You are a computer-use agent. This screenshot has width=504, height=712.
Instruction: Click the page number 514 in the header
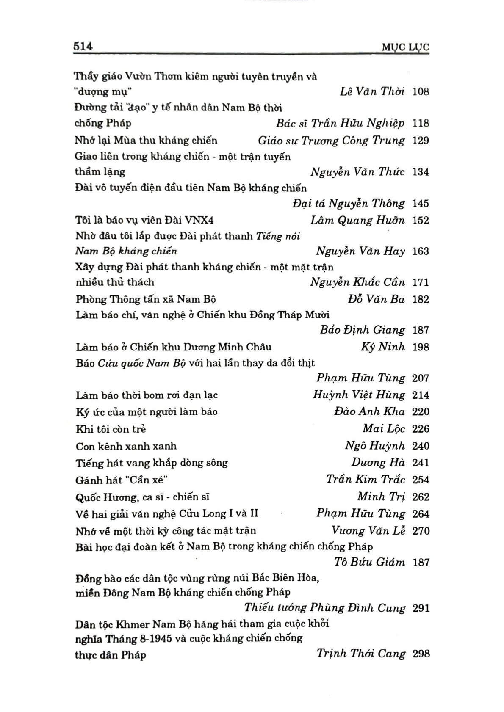[x=83, y=46]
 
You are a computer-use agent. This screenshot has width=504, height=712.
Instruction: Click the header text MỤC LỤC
[x=405, y=47]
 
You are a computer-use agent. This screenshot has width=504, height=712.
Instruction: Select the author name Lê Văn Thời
[x=372, y=91]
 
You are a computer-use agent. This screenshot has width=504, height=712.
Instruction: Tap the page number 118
[x=420, y=123]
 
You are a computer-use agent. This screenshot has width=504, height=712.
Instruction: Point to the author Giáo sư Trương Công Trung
[x=331, y=140]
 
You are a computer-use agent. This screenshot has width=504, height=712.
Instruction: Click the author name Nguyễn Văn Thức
[x=357, y=172]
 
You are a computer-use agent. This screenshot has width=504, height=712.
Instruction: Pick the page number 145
[x=420, y=204]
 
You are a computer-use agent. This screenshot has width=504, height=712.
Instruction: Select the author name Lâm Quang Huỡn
[x=357, y=220]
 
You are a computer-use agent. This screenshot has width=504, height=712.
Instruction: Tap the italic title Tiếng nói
[x=278, y=236]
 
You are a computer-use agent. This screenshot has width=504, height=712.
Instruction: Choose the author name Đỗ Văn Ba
[x=376, y=299]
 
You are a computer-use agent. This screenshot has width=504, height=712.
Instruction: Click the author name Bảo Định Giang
[x=362, y=330]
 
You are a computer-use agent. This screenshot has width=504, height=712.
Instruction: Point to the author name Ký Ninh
[x=383, y=347]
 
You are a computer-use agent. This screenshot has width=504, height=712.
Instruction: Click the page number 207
[x=420, y=378]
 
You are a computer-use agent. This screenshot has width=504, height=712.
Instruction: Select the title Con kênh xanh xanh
[x=126, y=446]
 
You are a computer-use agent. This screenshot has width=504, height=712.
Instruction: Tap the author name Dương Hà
[x=378, y=463]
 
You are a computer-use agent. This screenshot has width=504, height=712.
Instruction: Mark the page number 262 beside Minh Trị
[x=420, y=497]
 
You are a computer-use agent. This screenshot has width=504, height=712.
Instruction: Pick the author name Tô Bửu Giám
[x=369, y=562]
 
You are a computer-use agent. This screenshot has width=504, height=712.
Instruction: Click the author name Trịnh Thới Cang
[x=361, y=654]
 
